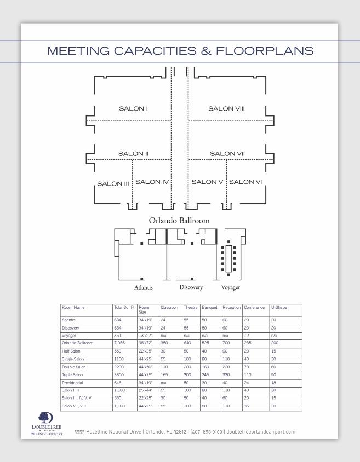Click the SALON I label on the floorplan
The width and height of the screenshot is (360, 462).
coord(133,108)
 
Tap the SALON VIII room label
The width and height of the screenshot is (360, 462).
coord(226,108)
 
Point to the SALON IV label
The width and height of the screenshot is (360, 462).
coord(152,182)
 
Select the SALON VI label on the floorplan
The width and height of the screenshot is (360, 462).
coord(245,182)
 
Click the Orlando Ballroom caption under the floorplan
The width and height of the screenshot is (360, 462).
coord(179,221)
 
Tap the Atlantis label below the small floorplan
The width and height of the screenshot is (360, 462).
coord(144,287)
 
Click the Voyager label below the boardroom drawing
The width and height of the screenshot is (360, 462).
coord(231,287)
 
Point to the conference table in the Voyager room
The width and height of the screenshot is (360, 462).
coord(228,258)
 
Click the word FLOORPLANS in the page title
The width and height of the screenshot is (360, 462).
coord(265,51)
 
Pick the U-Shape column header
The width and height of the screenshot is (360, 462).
coord(278,308)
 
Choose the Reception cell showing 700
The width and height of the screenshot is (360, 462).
coord(227,343)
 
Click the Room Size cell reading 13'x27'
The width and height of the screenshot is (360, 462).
coord(145,335)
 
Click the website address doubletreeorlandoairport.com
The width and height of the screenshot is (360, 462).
coord(260,432)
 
